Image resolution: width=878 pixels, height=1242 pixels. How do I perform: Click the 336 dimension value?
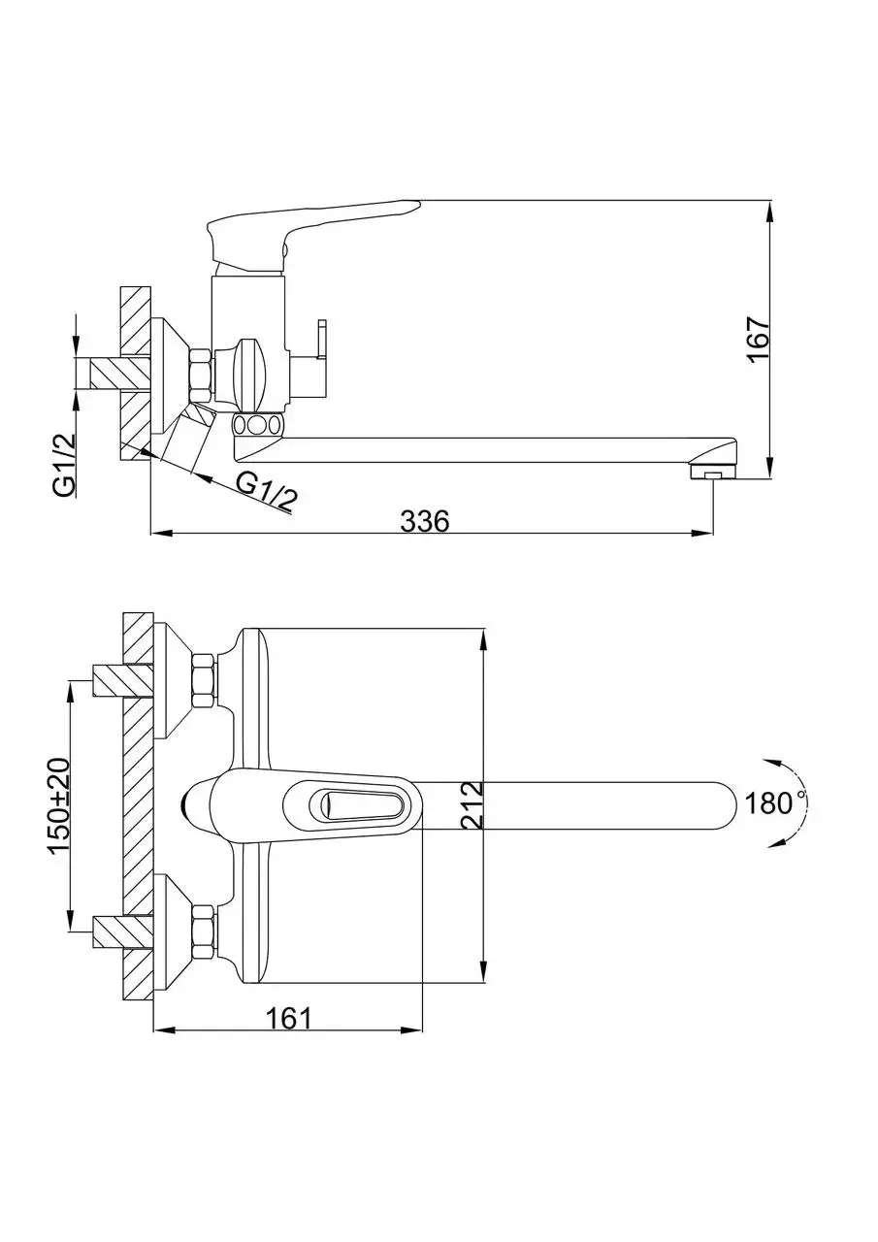pos(425,521)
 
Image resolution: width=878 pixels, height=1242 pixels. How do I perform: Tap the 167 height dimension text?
pos(759,340)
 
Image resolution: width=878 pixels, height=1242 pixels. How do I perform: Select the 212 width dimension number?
pos(472,805)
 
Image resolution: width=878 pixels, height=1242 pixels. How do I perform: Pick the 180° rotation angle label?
pos(770,803)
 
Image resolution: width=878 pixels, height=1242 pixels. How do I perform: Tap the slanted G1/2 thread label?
pos(266,492)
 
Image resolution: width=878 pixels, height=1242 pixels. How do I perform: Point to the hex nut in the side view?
pos(201,376)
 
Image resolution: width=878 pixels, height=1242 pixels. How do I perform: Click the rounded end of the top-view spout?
pos(724,805)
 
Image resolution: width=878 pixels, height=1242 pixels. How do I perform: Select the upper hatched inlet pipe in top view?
pos(122,680)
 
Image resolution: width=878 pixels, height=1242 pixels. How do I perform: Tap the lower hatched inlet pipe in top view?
pos(122,932)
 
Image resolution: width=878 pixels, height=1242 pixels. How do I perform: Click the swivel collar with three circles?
pos(257,425)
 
